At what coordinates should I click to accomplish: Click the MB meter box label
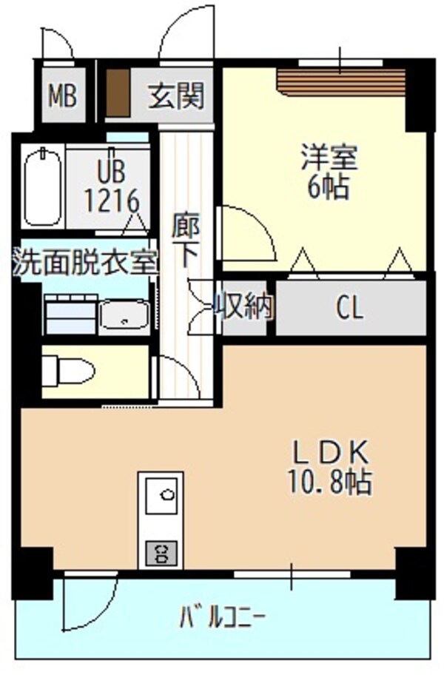[x=63, y=95]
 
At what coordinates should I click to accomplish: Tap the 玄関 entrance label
[x=175, y=95]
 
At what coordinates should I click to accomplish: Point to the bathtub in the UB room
[x=43, y=186]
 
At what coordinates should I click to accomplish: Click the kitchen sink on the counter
[x=161, y=494]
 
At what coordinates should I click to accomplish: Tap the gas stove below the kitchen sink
[x=160, y=551]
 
